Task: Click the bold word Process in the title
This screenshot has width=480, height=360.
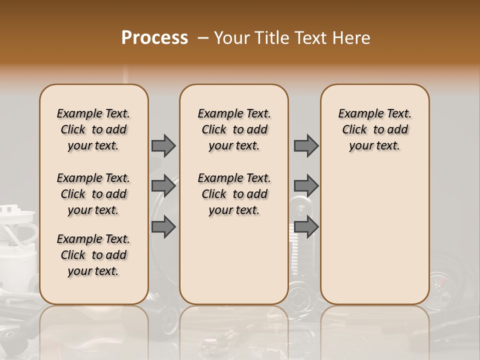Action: tap(154, 38)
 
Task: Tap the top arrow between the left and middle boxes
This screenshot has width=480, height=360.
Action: tap(163, 145)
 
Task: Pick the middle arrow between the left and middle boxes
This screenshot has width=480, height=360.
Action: tap(163, 186)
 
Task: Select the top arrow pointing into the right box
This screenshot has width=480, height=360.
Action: tap(306, 145)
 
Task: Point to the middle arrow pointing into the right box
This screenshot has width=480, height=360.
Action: tap(306, 186)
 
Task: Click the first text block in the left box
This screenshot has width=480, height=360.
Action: tap(93, 129)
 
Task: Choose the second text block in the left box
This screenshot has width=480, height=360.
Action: tap(93, 194)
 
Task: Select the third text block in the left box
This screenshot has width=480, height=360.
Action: tap(93, 255)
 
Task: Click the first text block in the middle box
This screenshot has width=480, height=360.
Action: tap(234, 129)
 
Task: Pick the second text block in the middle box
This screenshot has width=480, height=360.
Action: tap(234, 194)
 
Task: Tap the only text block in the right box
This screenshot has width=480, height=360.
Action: tap(374, 129)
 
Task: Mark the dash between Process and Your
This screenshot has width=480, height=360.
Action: tap(202, 38)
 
